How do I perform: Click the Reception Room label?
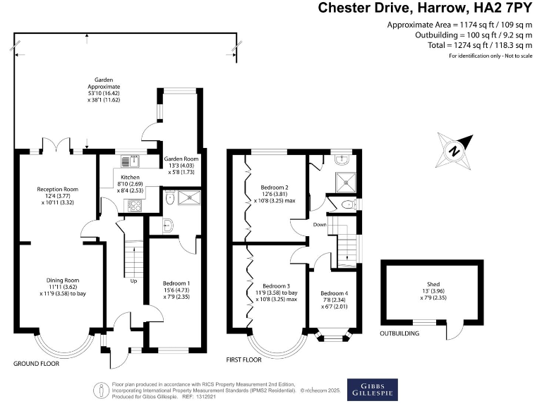coord(57,189)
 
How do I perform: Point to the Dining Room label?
coord(57,280)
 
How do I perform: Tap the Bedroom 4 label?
coord(334,293)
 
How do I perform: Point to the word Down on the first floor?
coord(319,225)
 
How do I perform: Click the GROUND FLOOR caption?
coord(36,364)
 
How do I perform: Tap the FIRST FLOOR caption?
coord(243,359)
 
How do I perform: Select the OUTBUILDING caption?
coord(401,333)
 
